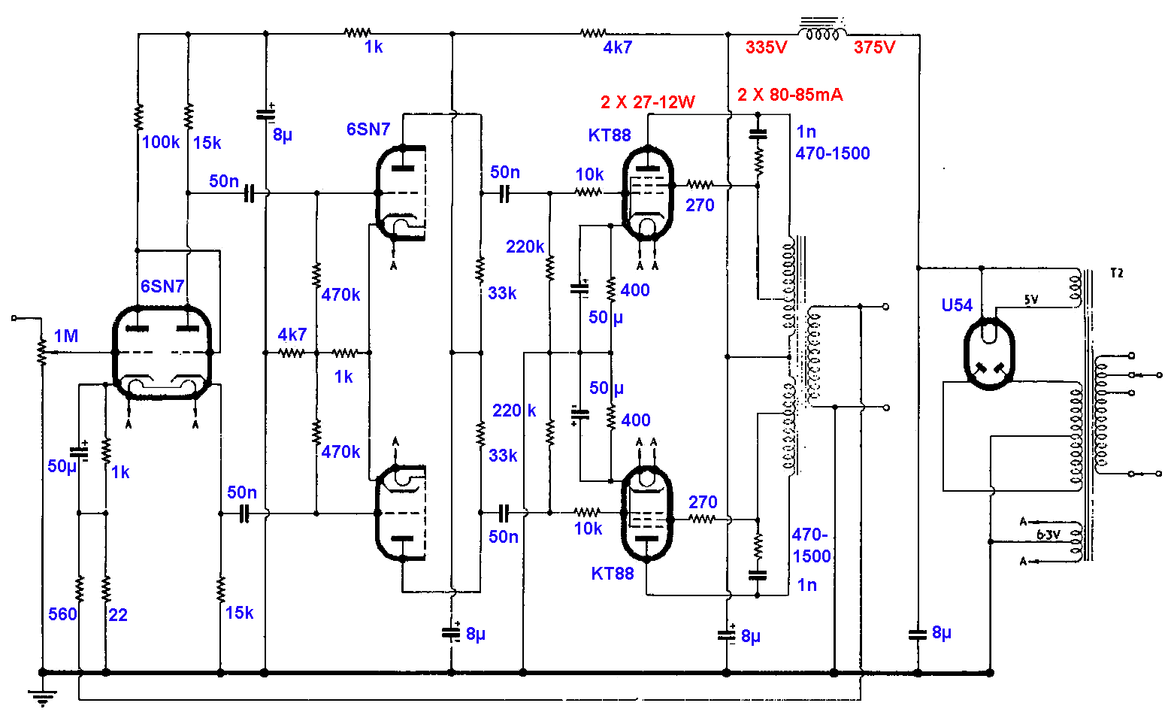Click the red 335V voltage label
pos(766,47)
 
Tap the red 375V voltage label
pos(874,47)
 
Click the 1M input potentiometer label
pos(66,336)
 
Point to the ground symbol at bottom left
pos(43,698)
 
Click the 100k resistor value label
pos(161,142)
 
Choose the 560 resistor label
pos(62,614)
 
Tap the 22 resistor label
pos(118,615)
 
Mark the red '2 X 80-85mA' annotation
pos(790,95)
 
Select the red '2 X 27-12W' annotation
pos(648,102)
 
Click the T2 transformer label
pos(1117,273)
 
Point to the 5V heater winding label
pos(1030,300)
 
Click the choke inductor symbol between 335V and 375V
pos(821,32)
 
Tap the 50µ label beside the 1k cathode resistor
pos(62,466)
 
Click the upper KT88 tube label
pos(610,135)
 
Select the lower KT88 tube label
pos(613,574)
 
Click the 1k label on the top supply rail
pos(374,47)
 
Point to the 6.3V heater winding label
pos(1048,535)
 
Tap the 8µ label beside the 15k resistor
pos(283,135)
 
